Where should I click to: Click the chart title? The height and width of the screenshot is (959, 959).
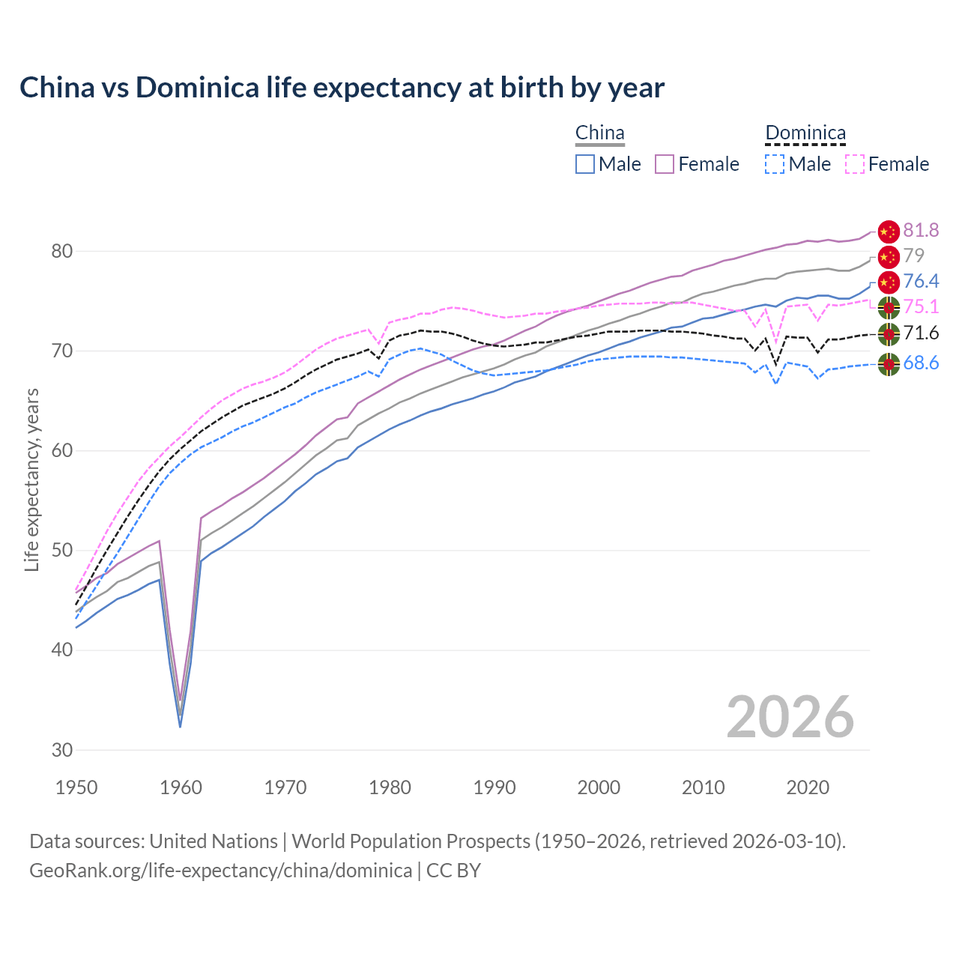point(342,88)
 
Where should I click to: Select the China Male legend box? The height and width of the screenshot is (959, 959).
point(585,164)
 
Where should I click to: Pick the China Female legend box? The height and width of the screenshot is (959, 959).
point(665,164)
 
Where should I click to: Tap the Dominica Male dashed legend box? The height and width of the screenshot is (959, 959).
point(775,164)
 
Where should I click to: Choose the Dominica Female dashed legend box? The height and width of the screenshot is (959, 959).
point(855,164)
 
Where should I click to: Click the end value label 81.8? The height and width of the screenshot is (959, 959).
point(921,230)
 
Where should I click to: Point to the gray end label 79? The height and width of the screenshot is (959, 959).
point(913,255)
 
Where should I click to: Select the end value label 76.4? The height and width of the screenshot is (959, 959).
point(921,281)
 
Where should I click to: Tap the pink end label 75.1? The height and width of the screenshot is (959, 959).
point(921,306)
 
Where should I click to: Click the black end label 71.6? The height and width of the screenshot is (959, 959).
point(921,333)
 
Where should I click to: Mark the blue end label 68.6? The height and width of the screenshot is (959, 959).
point(921,363)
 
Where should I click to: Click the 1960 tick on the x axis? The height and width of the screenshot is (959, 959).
point(181,787)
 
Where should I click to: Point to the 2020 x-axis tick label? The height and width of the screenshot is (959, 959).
point(808,787)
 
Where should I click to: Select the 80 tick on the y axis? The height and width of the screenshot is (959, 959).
point(62,251)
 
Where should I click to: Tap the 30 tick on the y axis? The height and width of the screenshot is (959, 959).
point(62,750)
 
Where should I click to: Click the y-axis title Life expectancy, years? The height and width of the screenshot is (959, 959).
point(32,479)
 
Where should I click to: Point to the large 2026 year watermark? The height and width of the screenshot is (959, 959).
point(790,717)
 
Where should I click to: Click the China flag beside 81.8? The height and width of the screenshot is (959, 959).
point(889,232)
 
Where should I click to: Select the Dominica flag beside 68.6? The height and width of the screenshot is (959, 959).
point(889,364)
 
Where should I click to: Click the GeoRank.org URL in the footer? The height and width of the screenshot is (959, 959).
point(220,871)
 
